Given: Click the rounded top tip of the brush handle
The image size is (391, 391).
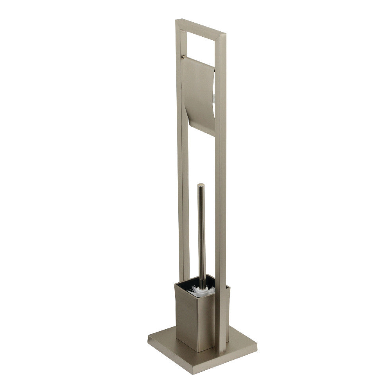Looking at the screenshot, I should (x=201, y=185).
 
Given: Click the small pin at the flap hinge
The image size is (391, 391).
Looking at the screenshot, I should (x=183, y=57).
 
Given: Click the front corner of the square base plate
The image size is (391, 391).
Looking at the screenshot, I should (x=214, y=373).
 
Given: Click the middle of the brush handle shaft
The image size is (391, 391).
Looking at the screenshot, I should (x=201, y=235).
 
